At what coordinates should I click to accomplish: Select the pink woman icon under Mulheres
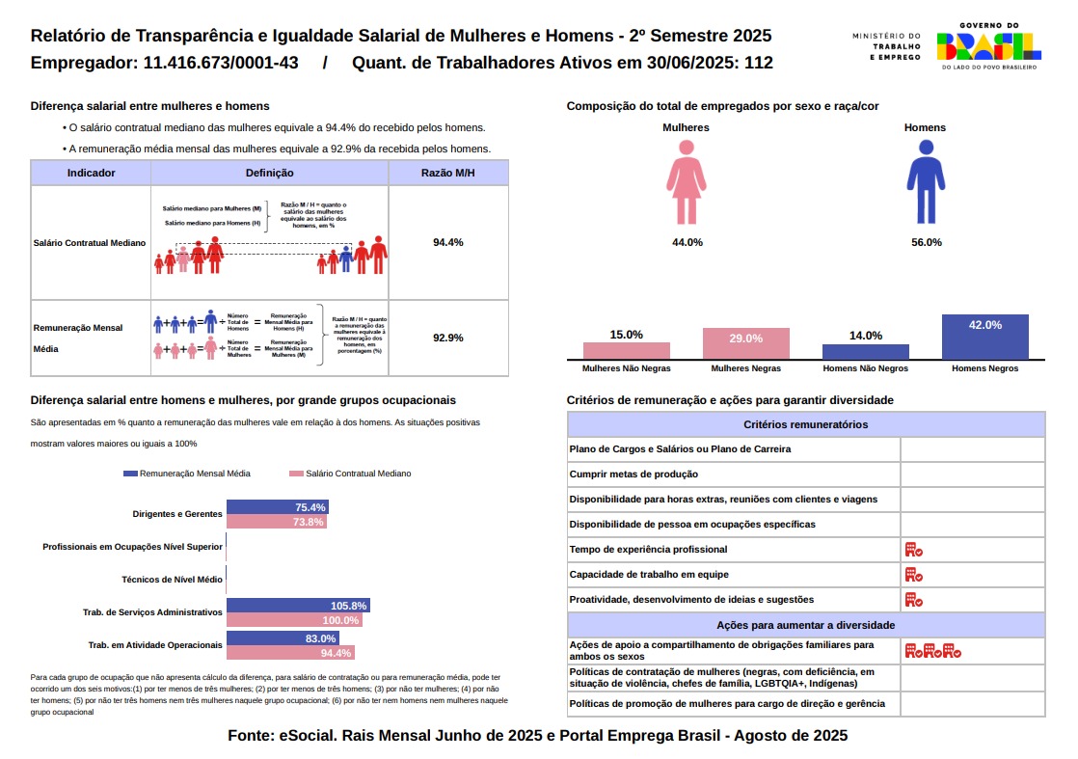pos(687,181)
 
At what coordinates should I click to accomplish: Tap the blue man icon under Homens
pos(926,181)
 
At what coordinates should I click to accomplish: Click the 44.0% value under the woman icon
pos(687,242)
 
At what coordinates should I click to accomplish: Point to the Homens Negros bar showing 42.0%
pos(984,337)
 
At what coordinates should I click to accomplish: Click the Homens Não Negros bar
pos(865,351)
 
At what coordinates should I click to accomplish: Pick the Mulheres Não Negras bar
pos(626,350)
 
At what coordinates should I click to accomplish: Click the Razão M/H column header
pos(448,173)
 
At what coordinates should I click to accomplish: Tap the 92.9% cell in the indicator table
pos(448,338)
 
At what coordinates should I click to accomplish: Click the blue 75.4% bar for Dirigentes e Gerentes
pos(278,507)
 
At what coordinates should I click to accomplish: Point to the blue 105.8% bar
pos(298,606)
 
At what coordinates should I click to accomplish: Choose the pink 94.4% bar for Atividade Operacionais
pos(290,653)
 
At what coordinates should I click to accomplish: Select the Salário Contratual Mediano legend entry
pos(351,474)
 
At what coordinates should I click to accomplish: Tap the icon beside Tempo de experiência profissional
pos(913,550)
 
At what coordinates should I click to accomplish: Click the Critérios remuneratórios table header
pos(806,424)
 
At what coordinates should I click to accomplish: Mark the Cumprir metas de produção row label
pos(633,474)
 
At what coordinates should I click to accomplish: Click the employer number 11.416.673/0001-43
pos(220,64)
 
